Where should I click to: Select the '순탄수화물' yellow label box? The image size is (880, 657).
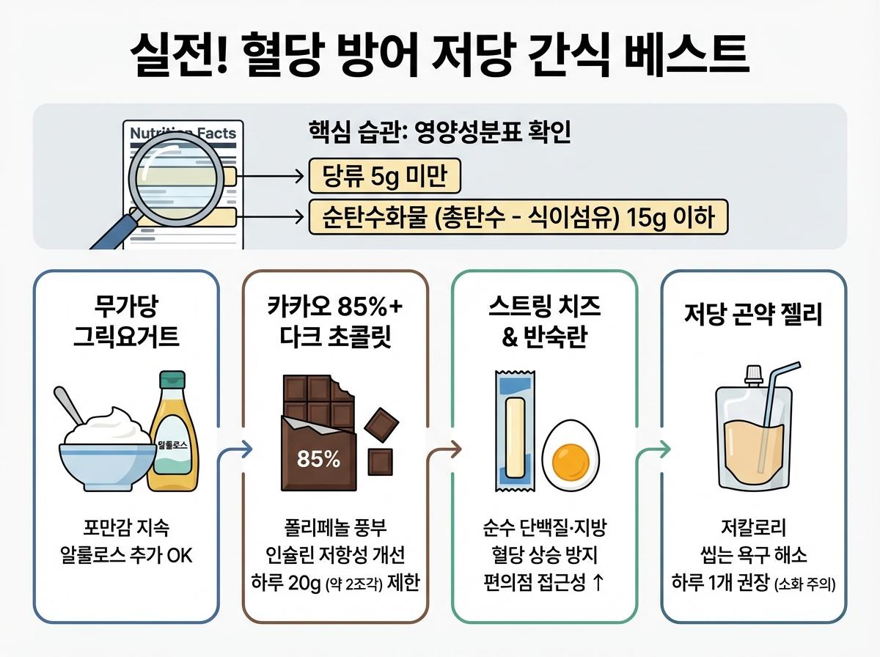[518, 217]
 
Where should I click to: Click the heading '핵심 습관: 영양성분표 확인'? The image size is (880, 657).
[441, 133]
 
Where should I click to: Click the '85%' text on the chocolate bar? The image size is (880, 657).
[318, 459]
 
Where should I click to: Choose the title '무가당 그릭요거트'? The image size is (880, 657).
[126, 320]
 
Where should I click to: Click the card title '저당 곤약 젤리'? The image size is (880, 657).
[753, 315]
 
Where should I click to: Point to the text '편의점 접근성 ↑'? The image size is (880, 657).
[543, 584]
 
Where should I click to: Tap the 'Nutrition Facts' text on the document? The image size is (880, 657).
[183, 133]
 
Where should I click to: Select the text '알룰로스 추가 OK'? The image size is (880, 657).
[126, 556]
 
